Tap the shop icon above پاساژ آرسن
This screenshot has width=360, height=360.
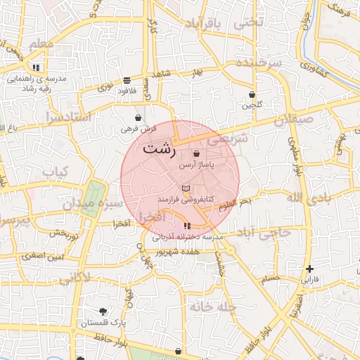[196, 153]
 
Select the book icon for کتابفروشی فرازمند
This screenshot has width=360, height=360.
[186, 189]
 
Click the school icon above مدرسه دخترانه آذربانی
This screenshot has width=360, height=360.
[187, 226]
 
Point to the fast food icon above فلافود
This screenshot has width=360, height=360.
[127, 80]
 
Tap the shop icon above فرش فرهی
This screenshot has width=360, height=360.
[139, 118]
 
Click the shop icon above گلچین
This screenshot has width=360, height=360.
[252, 95]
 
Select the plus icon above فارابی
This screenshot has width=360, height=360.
[309, 269]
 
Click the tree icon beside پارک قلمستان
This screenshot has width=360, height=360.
[103, 311]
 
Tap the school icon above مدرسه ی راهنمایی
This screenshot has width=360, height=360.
[36, 68]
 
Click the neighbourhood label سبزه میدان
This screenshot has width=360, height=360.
[92, 204]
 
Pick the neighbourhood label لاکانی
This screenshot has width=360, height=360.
[75, 278]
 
